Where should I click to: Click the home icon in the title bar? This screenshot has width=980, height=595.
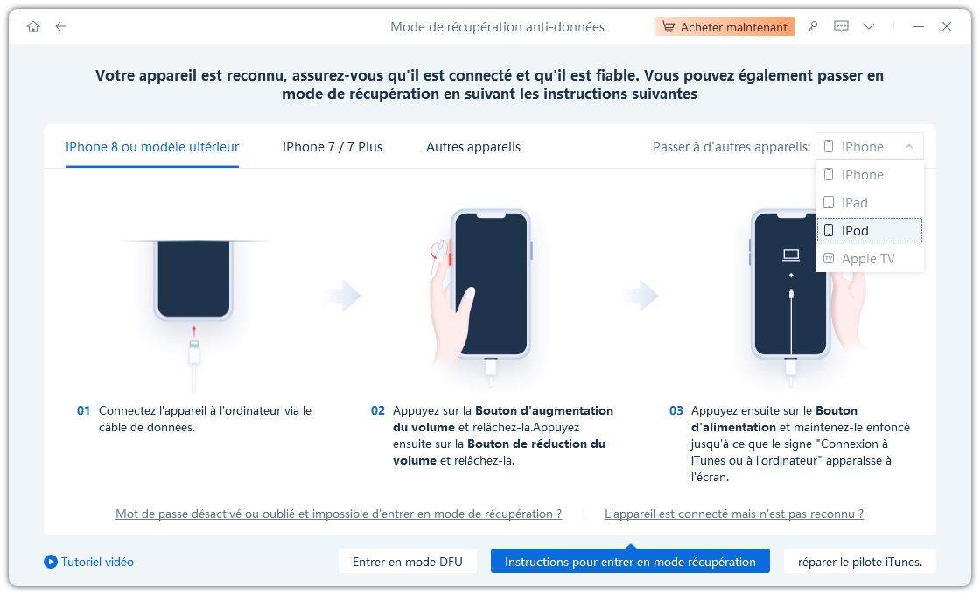pyautogui.click(x=33, y=27)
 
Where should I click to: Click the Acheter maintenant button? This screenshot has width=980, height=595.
pyautogui.click(x=724, y=27)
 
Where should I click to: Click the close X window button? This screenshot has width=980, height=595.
pyautogui.click(x=946, y=27)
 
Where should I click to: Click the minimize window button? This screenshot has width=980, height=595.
pyautogui.click(x=919, y=27)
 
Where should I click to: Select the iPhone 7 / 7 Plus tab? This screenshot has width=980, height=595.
pyautogui.click(x=332, y=147)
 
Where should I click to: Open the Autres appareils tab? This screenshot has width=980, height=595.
pyautogui.click(x=472, y=147)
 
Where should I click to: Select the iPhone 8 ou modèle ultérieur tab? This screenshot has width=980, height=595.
pyautogui.click(x=152, y=147)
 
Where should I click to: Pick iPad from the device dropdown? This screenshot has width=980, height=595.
pyautogui.click(x=854, y=203)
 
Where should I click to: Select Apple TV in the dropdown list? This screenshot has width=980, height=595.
pyautogui.click(x=867, y=259)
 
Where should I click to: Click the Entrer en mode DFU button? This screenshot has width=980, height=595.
pyautogui.click(x=407, y=562)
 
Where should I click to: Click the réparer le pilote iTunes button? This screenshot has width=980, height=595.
pyautogui.click(x=859, y=562)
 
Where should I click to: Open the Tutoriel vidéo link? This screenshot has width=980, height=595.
pyautogui.click(x=88, y=562)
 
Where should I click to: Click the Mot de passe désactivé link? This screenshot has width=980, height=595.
pyautogui.click(x=339, y=514)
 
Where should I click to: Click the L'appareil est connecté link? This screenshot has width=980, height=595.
pyautogui.click(x=733, y=514)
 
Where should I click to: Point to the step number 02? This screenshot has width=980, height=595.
pyautogui.click(x=378, y=410)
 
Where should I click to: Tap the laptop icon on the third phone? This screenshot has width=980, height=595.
pyautogui.click(x=791, y=255)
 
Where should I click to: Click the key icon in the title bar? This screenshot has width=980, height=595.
pyautogui.click(x=813, y=27)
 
